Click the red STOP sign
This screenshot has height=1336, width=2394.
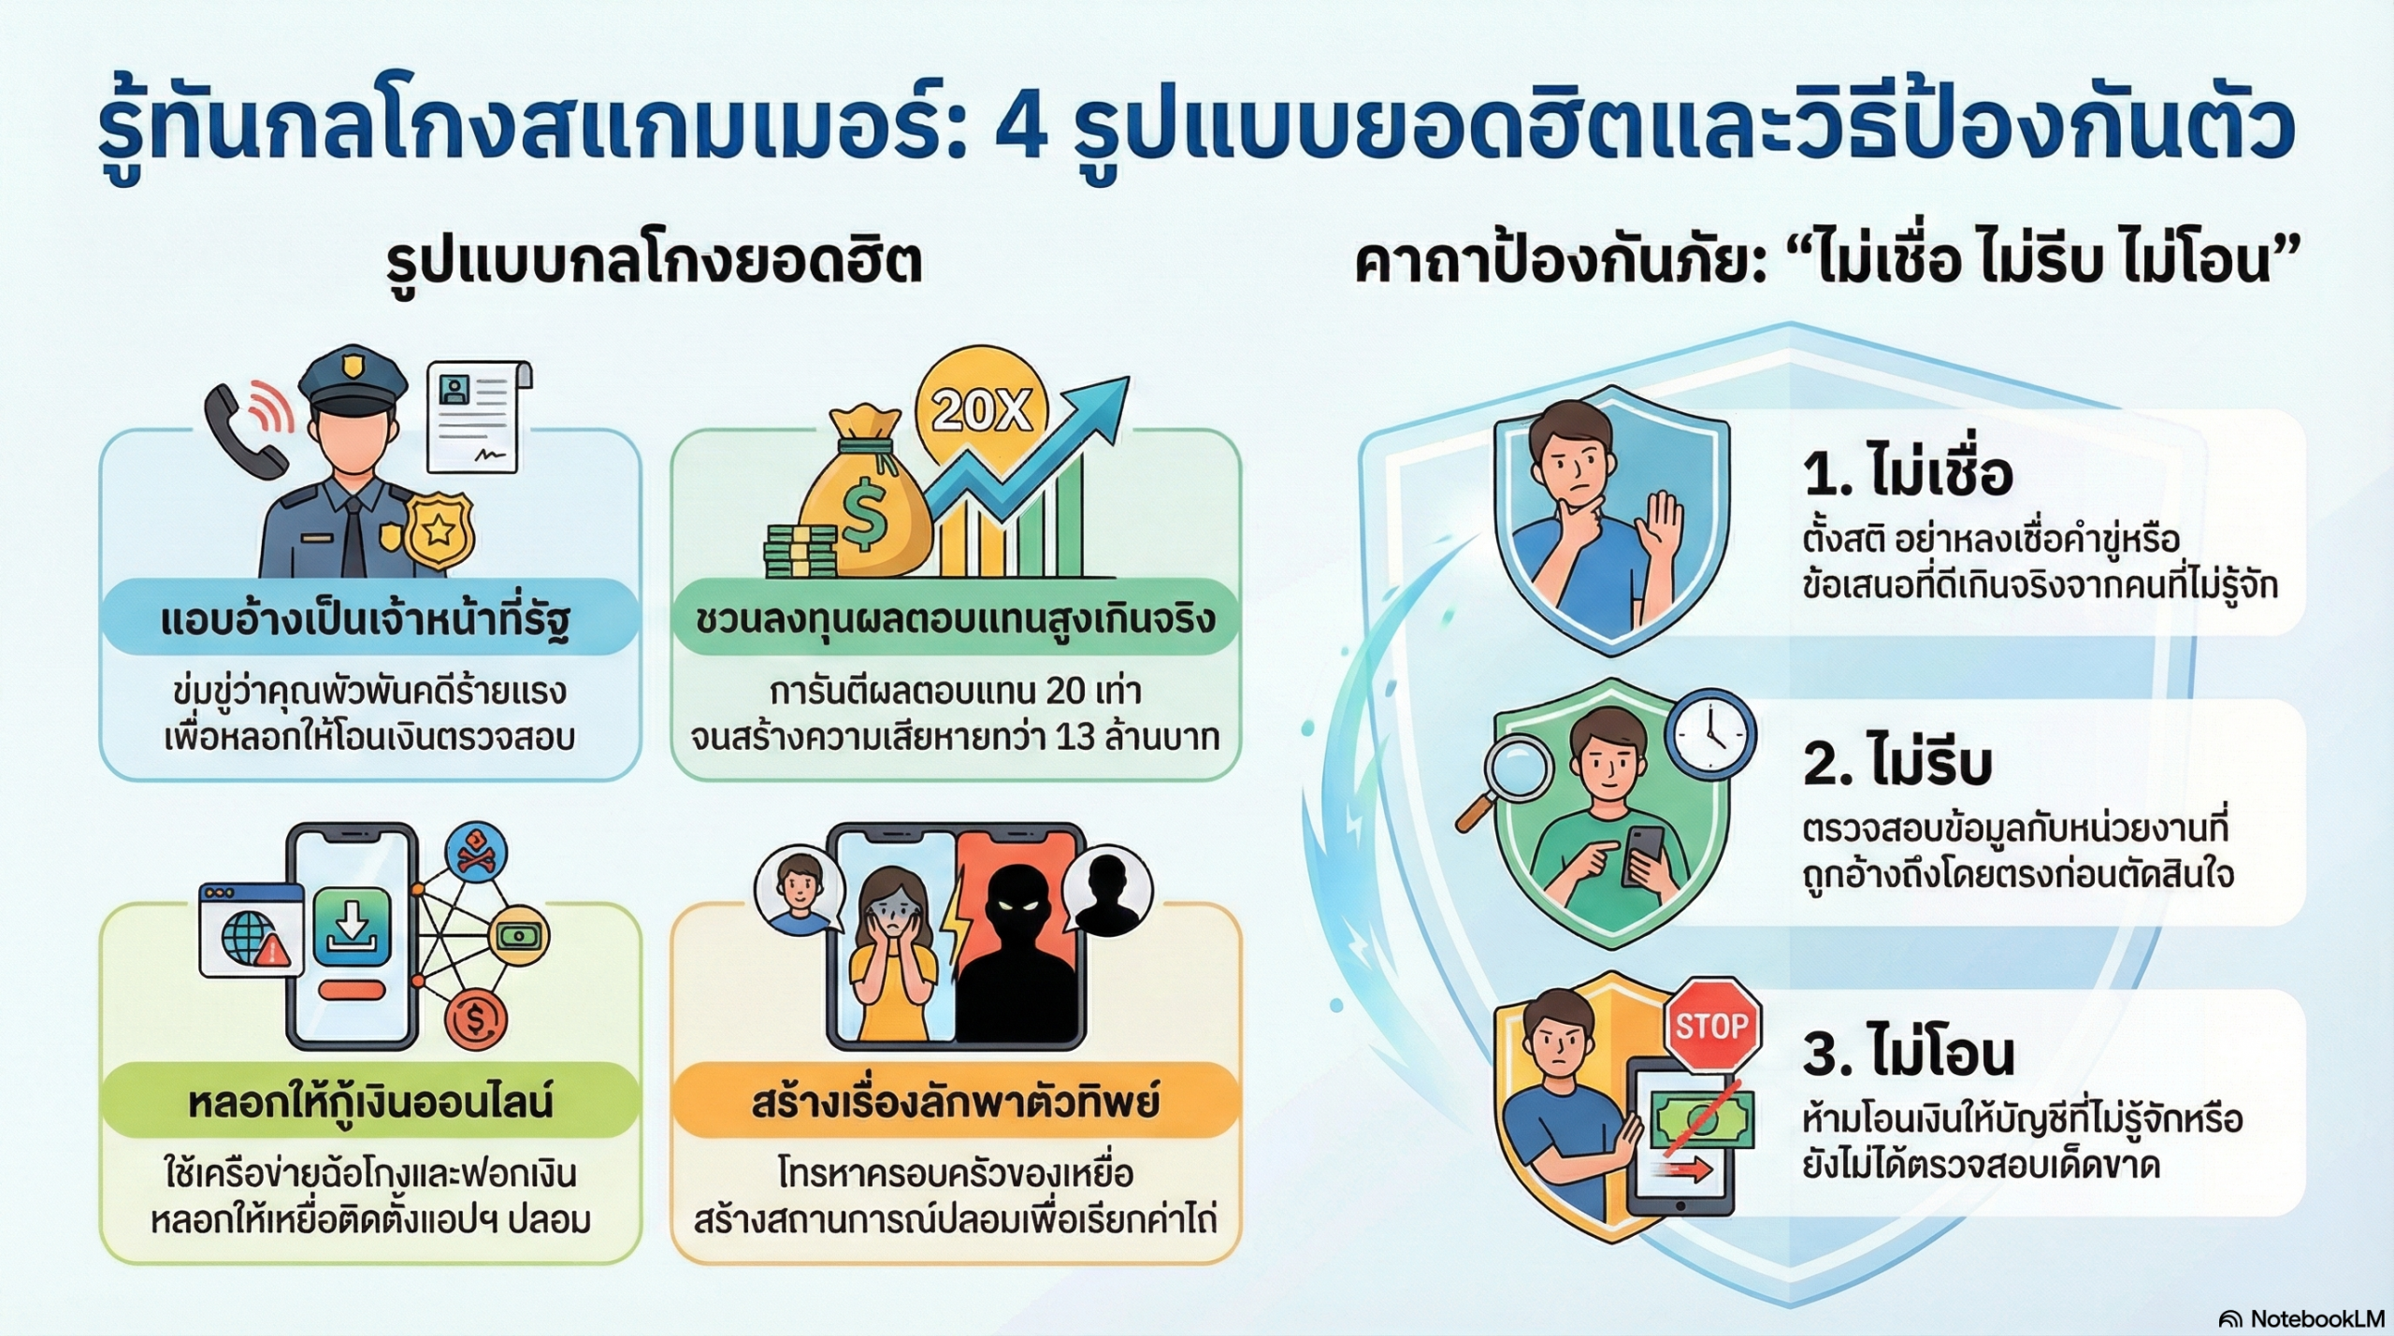(1711, 1026)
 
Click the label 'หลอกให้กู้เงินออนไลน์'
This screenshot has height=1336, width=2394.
(370, 1101)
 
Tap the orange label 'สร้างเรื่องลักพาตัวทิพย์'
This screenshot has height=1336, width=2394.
(955, 1101)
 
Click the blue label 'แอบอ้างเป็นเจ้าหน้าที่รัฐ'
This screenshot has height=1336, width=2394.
(367, 619)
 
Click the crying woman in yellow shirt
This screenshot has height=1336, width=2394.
(893, 954)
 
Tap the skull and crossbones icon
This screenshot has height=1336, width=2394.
(477, 849)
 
